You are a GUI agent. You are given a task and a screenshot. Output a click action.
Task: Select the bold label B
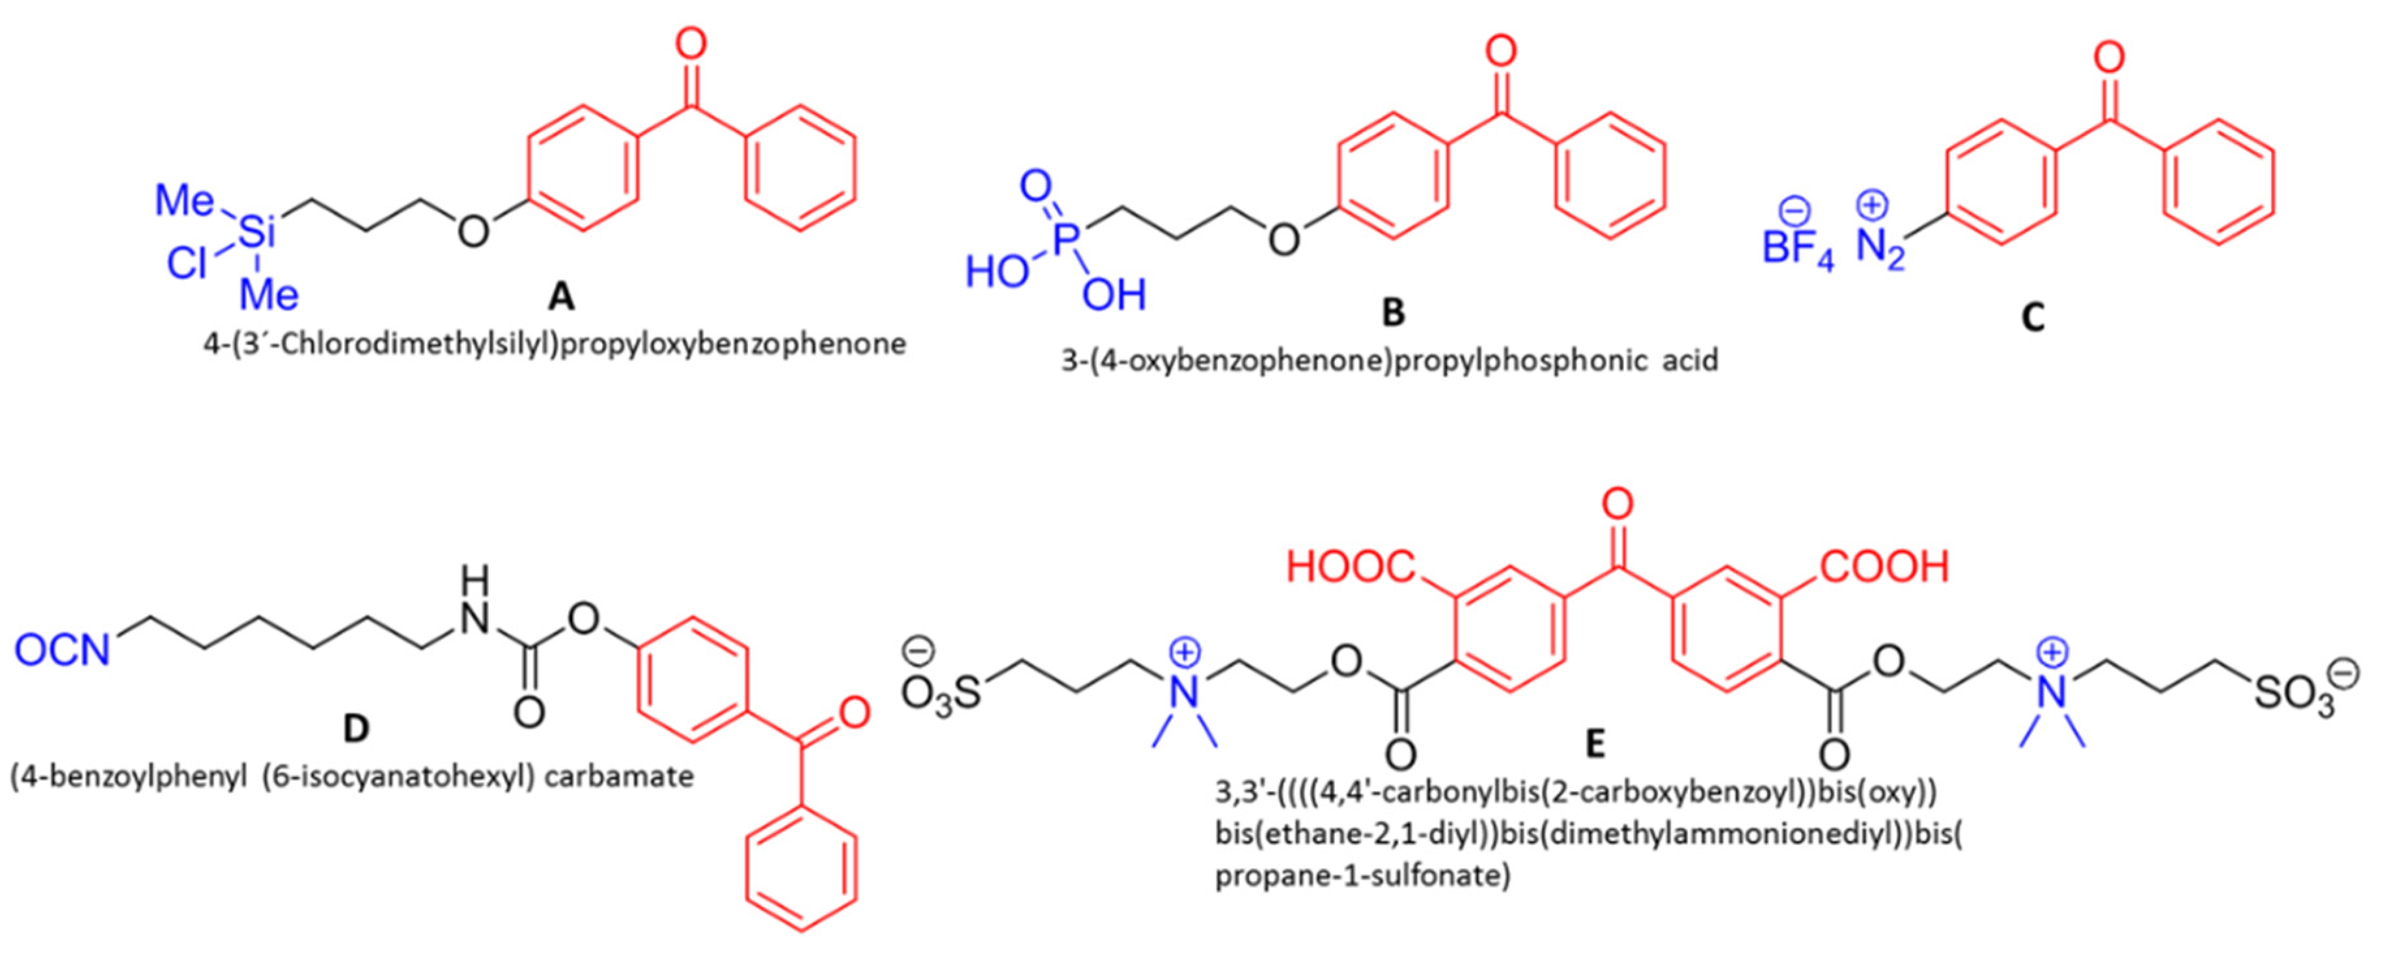point(1393,313)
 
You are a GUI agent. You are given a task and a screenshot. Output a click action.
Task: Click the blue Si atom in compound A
point(257,233)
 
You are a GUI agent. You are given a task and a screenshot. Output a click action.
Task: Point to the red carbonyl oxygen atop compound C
point(2108,58)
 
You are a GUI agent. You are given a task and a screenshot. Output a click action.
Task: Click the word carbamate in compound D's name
point(618,776)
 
